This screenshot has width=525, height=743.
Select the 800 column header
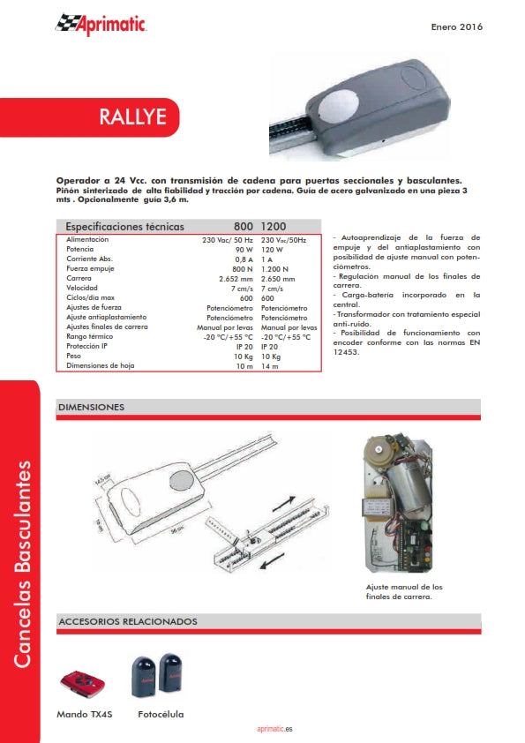244,226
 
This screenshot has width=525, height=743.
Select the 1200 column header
274,226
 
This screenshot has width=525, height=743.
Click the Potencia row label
80,250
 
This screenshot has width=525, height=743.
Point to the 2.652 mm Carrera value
236,278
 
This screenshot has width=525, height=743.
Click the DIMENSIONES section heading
91,408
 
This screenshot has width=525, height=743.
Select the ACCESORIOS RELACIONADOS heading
128,622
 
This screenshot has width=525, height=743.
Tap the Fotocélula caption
161,714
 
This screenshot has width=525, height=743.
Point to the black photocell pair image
159,676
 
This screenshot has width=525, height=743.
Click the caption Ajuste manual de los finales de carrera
404,592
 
